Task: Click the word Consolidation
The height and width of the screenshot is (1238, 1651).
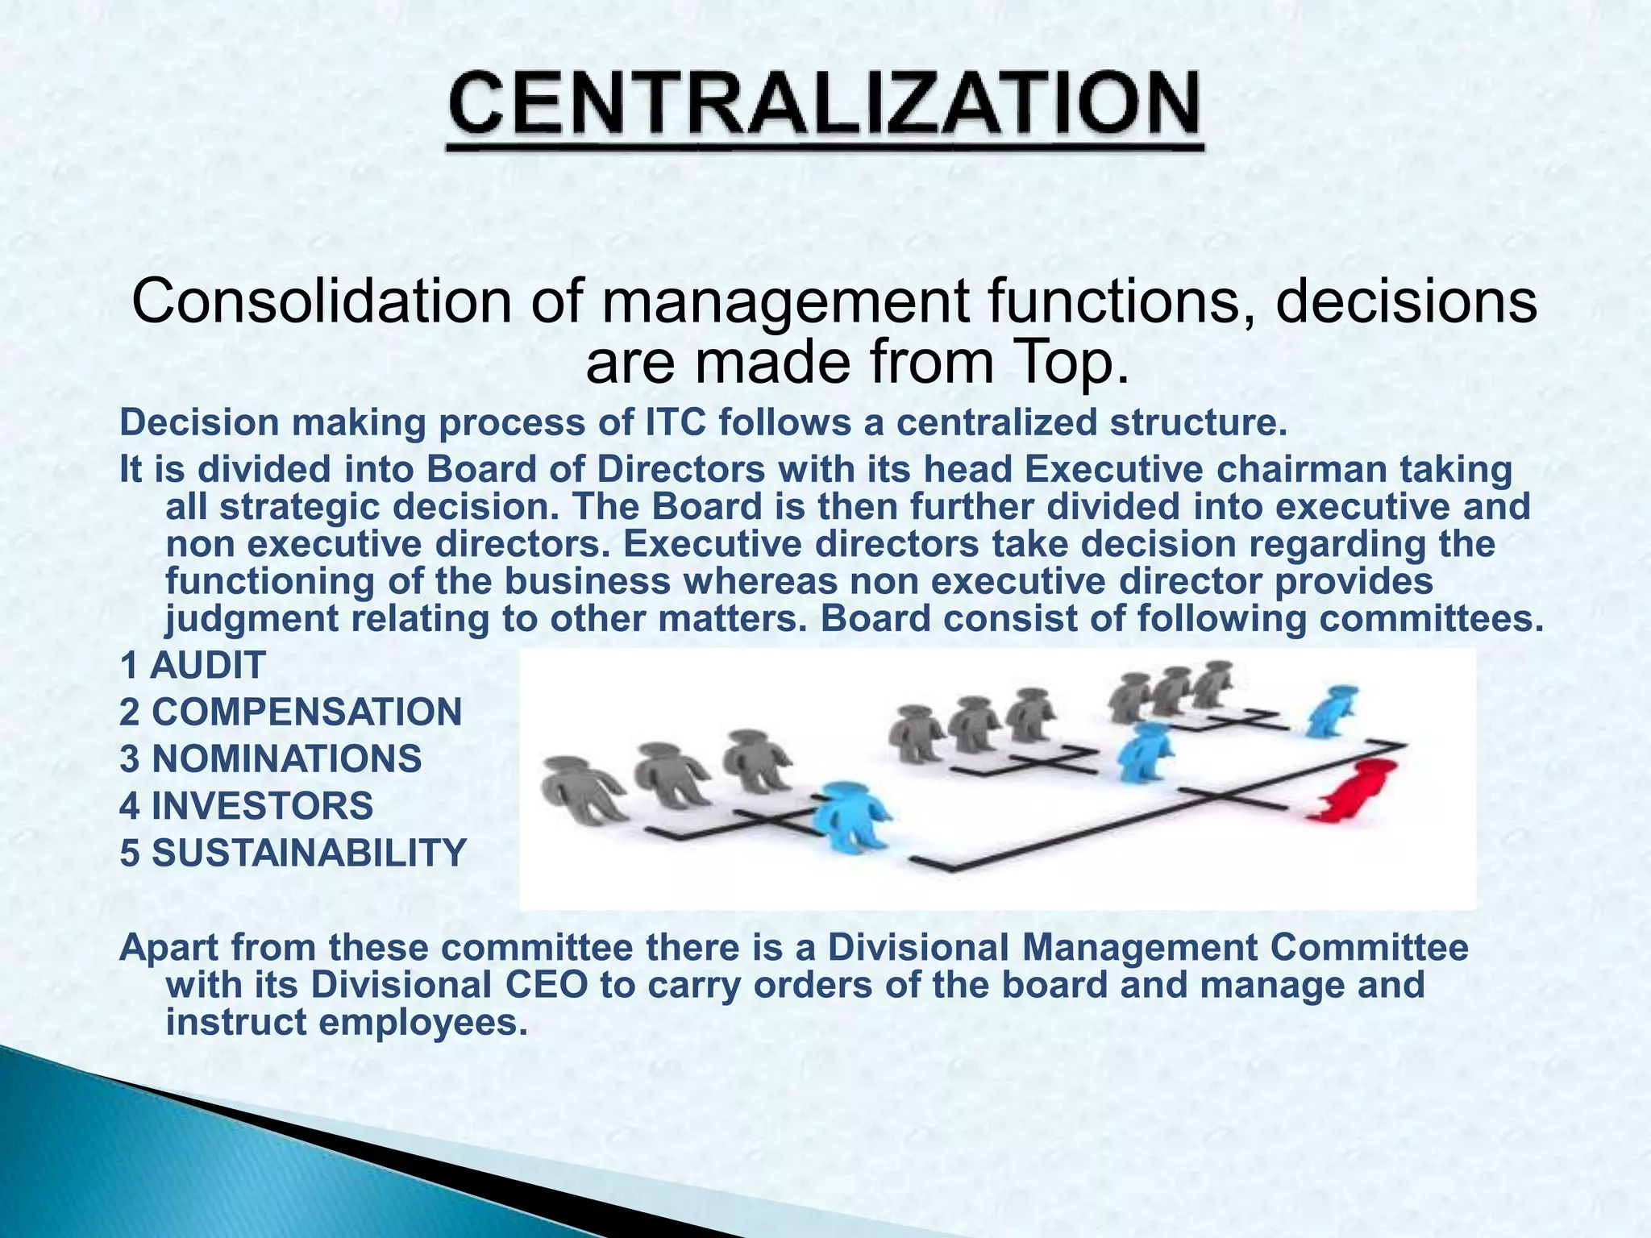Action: coord(321,303)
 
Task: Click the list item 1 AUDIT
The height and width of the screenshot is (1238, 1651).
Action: coord(193,666)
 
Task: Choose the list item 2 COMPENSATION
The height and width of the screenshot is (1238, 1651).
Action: coord(290,712)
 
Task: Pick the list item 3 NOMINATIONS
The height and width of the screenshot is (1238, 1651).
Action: coord(270,759)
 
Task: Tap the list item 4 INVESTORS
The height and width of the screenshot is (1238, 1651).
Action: coord(246,806)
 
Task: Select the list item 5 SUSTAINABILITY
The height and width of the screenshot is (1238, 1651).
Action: coord(293,853)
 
